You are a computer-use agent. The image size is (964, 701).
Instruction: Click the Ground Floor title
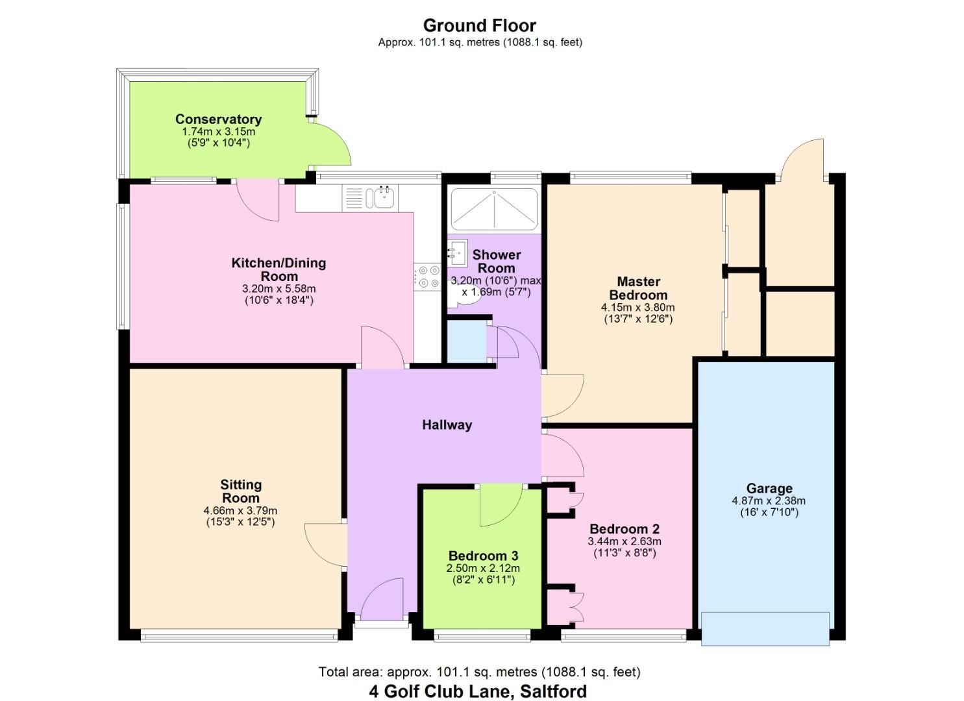pyautogui.click(x=479, y=26)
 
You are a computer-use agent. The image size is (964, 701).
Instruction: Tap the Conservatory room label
pyautogui.click(x=218, y=119)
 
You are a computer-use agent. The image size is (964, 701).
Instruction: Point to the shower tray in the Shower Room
pyautogui.click(x=494, y=209)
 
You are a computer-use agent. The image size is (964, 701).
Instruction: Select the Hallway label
pyautogui.click(x=447, y=425)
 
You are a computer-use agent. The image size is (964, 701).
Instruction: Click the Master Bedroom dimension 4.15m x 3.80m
pyautogui.click(x=637, y=308)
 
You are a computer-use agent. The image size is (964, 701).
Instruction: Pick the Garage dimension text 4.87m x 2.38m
pyautogui.click(x=769, y=501)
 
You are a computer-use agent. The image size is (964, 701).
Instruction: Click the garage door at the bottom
pyautogui.click(x=765, y=628)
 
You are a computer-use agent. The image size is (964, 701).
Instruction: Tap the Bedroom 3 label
pyautogui.click(x=483, y=556)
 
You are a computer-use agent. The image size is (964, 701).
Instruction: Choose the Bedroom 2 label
pyautogui.click(x=624, y=529)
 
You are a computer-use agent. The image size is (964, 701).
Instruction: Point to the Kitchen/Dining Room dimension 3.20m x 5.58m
pyautogui.click(x=278, y=289)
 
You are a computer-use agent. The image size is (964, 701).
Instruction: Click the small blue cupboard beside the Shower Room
pyautogui.click(x=466, y=341)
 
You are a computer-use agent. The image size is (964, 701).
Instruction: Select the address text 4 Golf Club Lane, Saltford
pyautogui.click(x=478, y=691)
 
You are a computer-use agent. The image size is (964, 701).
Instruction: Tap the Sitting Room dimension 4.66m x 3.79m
pyautogui.click(x=240, y=511)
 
